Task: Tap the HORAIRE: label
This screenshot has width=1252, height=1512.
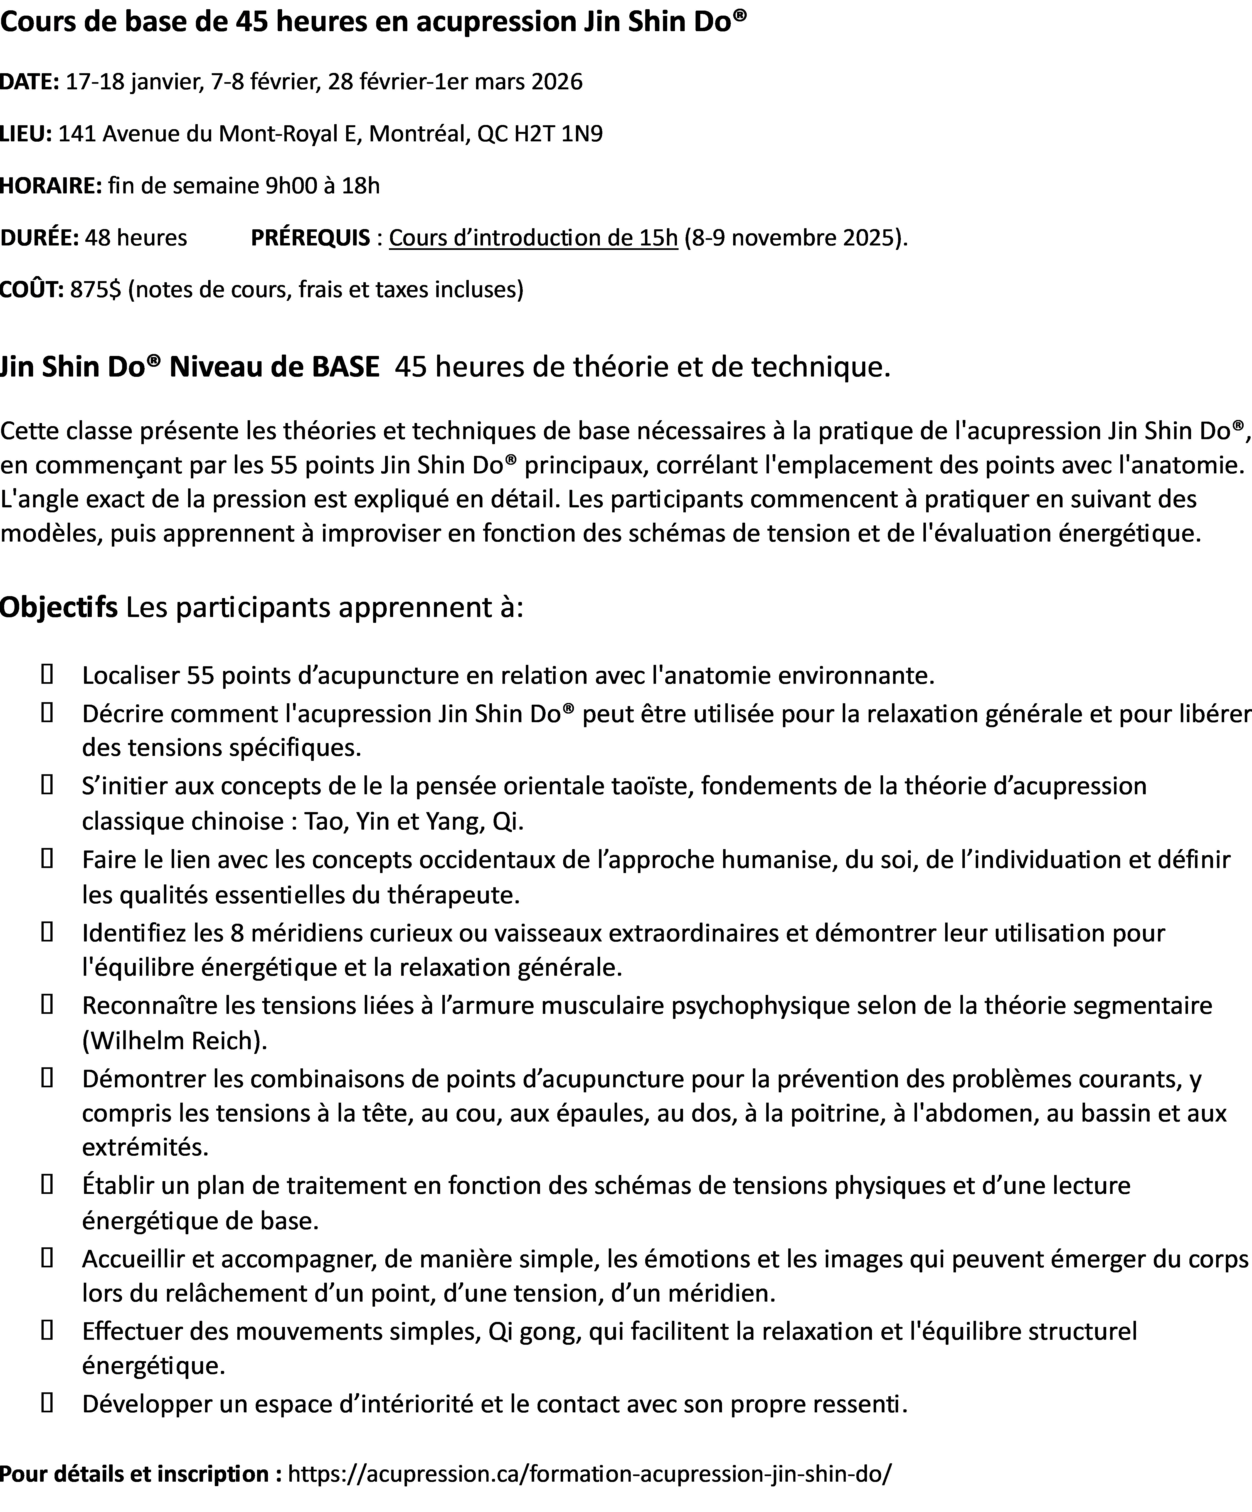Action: point(50,186)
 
